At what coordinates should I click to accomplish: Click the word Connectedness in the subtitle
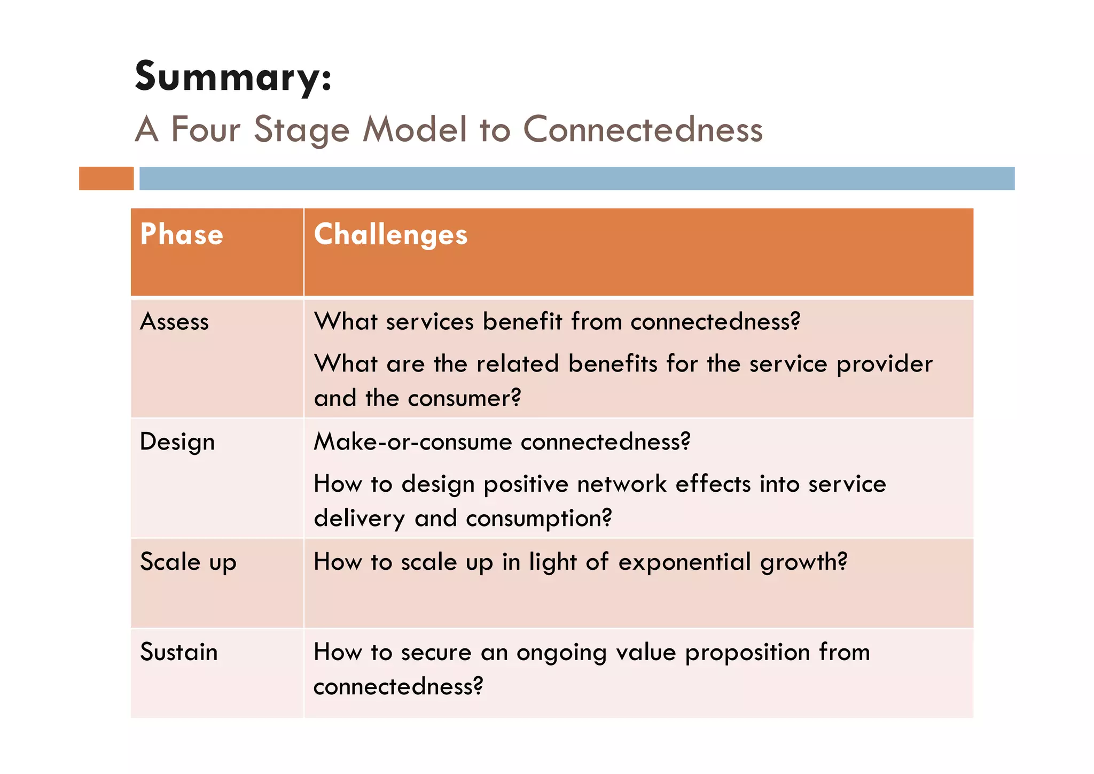(x=643, y=129)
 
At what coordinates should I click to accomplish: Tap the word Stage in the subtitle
(x=301, y=130)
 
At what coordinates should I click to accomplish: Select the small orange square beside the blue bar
(x=106, y=179)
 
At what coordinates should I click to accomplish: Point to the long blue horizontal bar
(x=577, y=179)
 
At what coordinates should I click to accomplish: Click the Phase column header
(x=182, y=235)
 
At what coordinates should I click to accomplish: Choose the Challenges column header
(x=390, y=235)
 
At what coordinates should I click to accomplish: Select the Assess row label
(x=174, y=322)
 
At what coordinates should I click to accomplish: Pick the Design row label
(x=177, y=443)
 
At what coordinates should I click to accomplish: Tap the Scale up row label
(x=188, y=562)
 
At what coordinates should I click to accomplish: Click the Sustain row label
(x=179, y=652)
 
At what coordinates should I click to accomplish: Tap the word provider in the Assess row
(x=884, y=365)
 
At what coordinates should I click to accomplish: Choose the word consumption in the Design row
(x=538, y=518)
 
